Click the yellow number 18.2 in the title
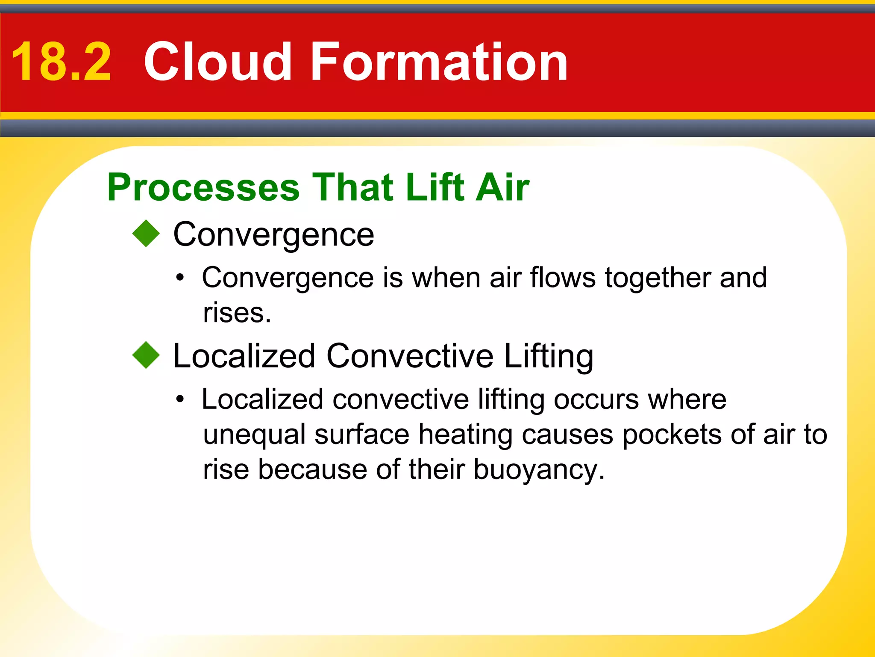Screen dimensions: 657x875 61,62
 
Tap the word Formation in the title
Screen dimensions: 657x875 439,62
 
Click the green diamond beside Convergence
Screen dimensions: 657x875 146,234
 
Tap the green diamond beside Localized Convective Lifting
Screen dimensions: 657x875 146,355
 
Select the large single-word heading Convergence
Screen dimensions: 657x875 273,235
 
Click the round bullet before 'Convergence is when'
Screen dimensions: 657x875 180,278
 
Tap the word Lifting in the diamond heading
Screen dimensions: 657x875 549,356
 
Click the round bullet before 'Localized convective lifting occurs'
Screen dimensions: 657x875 180,400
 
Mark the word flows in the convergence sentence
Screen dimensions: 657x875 563,278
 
